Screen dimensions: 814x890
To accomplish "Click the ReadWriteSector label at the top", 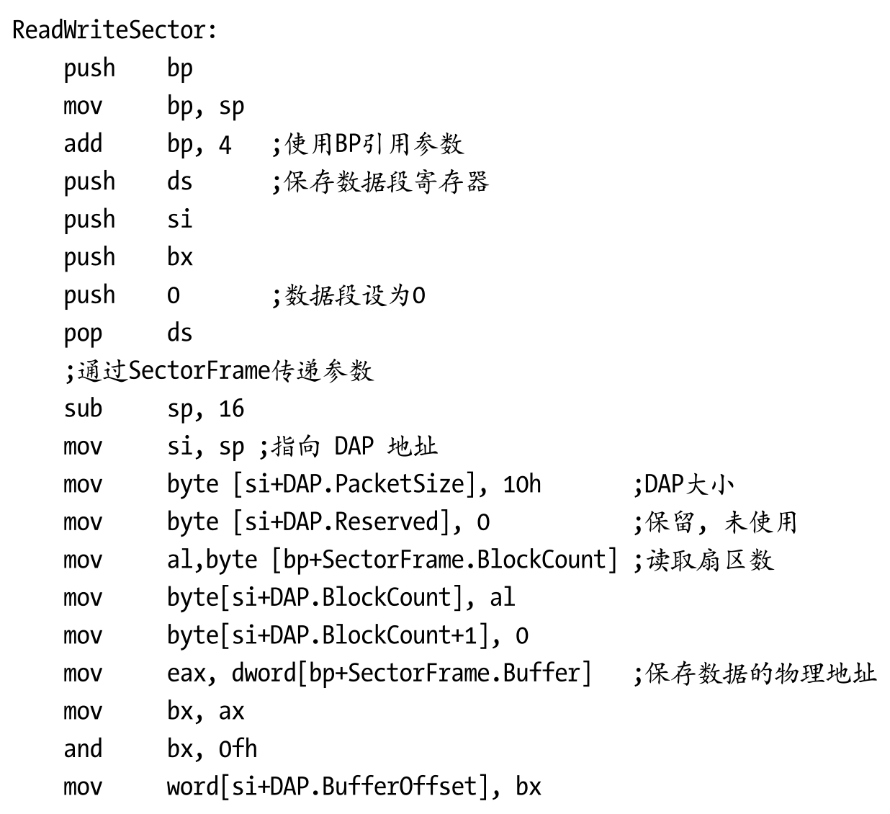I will click(x=114, y=30).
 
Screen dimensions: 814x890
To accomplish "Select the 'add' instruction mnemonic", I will click(x=83, y=143).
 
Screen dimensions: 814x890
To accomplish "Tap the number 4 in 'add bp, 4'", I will click(x=225, y=145).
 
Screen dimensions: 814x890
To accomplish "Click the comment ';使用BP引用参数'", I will click(x=368, y=144).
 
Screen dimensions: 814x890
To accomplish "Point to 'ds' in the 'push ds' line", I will click(x=179, y=182).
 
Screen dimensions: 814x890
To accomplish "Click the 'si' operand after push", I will click(x=179, y=219).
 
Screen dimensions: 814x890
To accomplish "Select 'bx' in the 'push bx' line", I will click(x=179, y=257).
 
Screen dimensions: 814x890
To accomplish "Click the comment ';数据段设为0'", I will click(x=349, y=295).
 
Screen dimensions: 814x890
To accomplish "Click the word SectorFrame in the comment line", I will click(x=199, y=370).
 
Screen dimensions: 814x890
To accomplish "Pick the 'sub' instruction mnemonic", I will click(x=83, y=408).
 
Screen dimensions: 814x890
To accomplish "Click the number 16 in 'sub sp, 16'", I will click(x=231, y=409).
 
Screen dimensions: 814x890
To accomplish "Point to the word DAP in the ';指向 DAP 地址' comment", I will click(x=354, y=447).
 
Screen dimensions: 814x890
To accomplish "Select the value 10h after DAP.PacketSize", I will click(x=521, y=484).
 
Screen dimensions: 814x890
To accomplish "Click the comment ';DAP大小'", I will click(x=683, y=484).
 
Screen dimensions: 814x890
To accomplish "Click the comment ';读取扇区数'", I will click(x=703, y=560).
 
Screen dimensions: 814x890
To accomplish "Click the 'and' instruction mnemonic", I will click(x=83, y=749).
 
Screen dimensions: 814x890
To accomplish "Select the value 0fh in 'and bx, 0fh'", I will click(x=238, y=749).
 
